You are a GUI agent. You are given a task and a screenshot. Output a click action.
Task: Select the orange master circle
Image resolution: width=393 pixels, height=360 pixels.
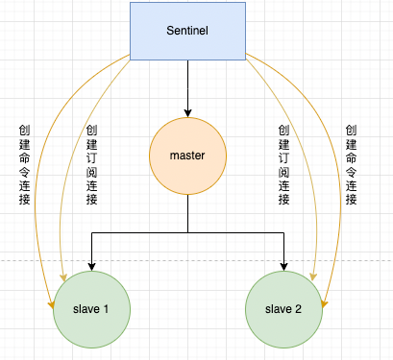pyautogui.click(x=187, y=154)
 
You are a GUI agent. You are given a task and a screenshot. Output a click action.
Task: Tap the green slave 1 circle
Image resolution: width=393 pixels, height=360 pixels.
pyautogui.click(x=91, y=308)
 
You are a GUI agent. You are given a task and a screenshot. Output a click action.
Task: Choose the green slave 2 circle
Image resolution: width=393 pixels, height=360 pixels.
pyautogui.click(x=283, y=308)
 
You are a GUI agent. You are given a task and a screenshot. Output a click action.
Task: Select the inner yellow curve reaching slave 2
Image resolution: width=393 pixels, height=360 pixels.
pyautogui.click(x=309, y=192)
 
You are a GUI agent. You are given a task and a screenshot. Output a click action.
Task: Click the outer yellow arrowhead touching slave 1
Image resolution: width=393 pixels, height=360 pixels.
pyautogui.click(x=50, y=303)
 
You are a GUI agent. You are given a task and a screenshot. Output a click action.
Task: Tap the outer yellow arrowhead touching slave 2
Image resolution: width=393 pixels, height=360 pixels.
pyautogui.click(x=325, y=303)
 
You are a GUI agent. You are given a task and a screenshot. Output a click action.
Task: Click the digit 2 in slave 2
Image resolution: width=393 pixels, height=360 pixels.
pyautogui.click(x=299, y=308)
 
